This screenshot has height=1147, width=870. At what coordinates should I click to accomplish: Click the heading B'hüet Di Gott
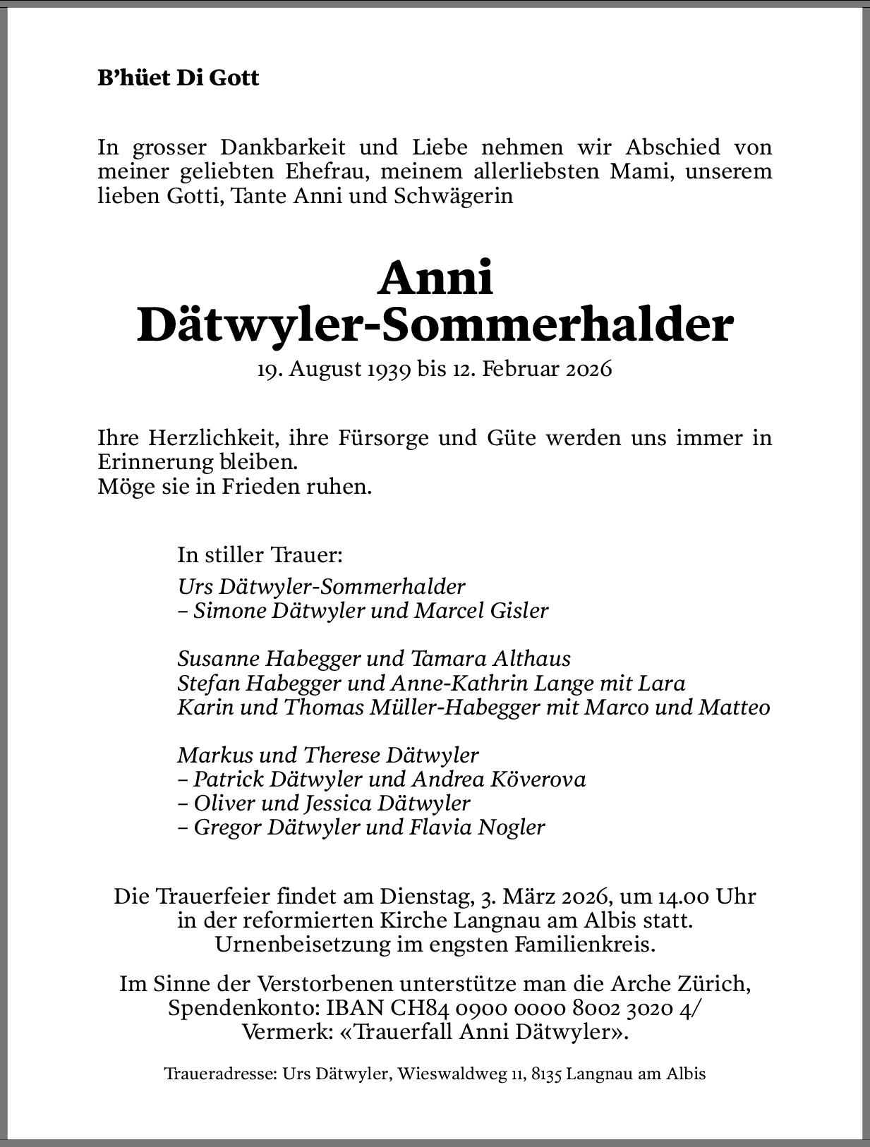point(179,78)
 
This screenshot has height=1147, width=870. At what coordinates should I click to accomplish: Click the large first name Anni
point(435,278)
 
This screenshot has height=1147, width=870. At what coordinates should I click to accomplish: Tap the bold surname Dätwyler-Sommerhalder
point(435,324)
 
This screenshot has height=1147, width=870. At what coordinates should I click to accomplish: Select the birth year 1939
point(388,369)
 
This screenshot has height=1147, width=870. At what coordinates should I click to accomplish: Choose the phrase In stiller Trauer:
point(260,554)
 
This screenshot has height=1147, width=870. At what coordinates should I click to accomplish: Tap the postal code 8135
point(546,1074)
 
